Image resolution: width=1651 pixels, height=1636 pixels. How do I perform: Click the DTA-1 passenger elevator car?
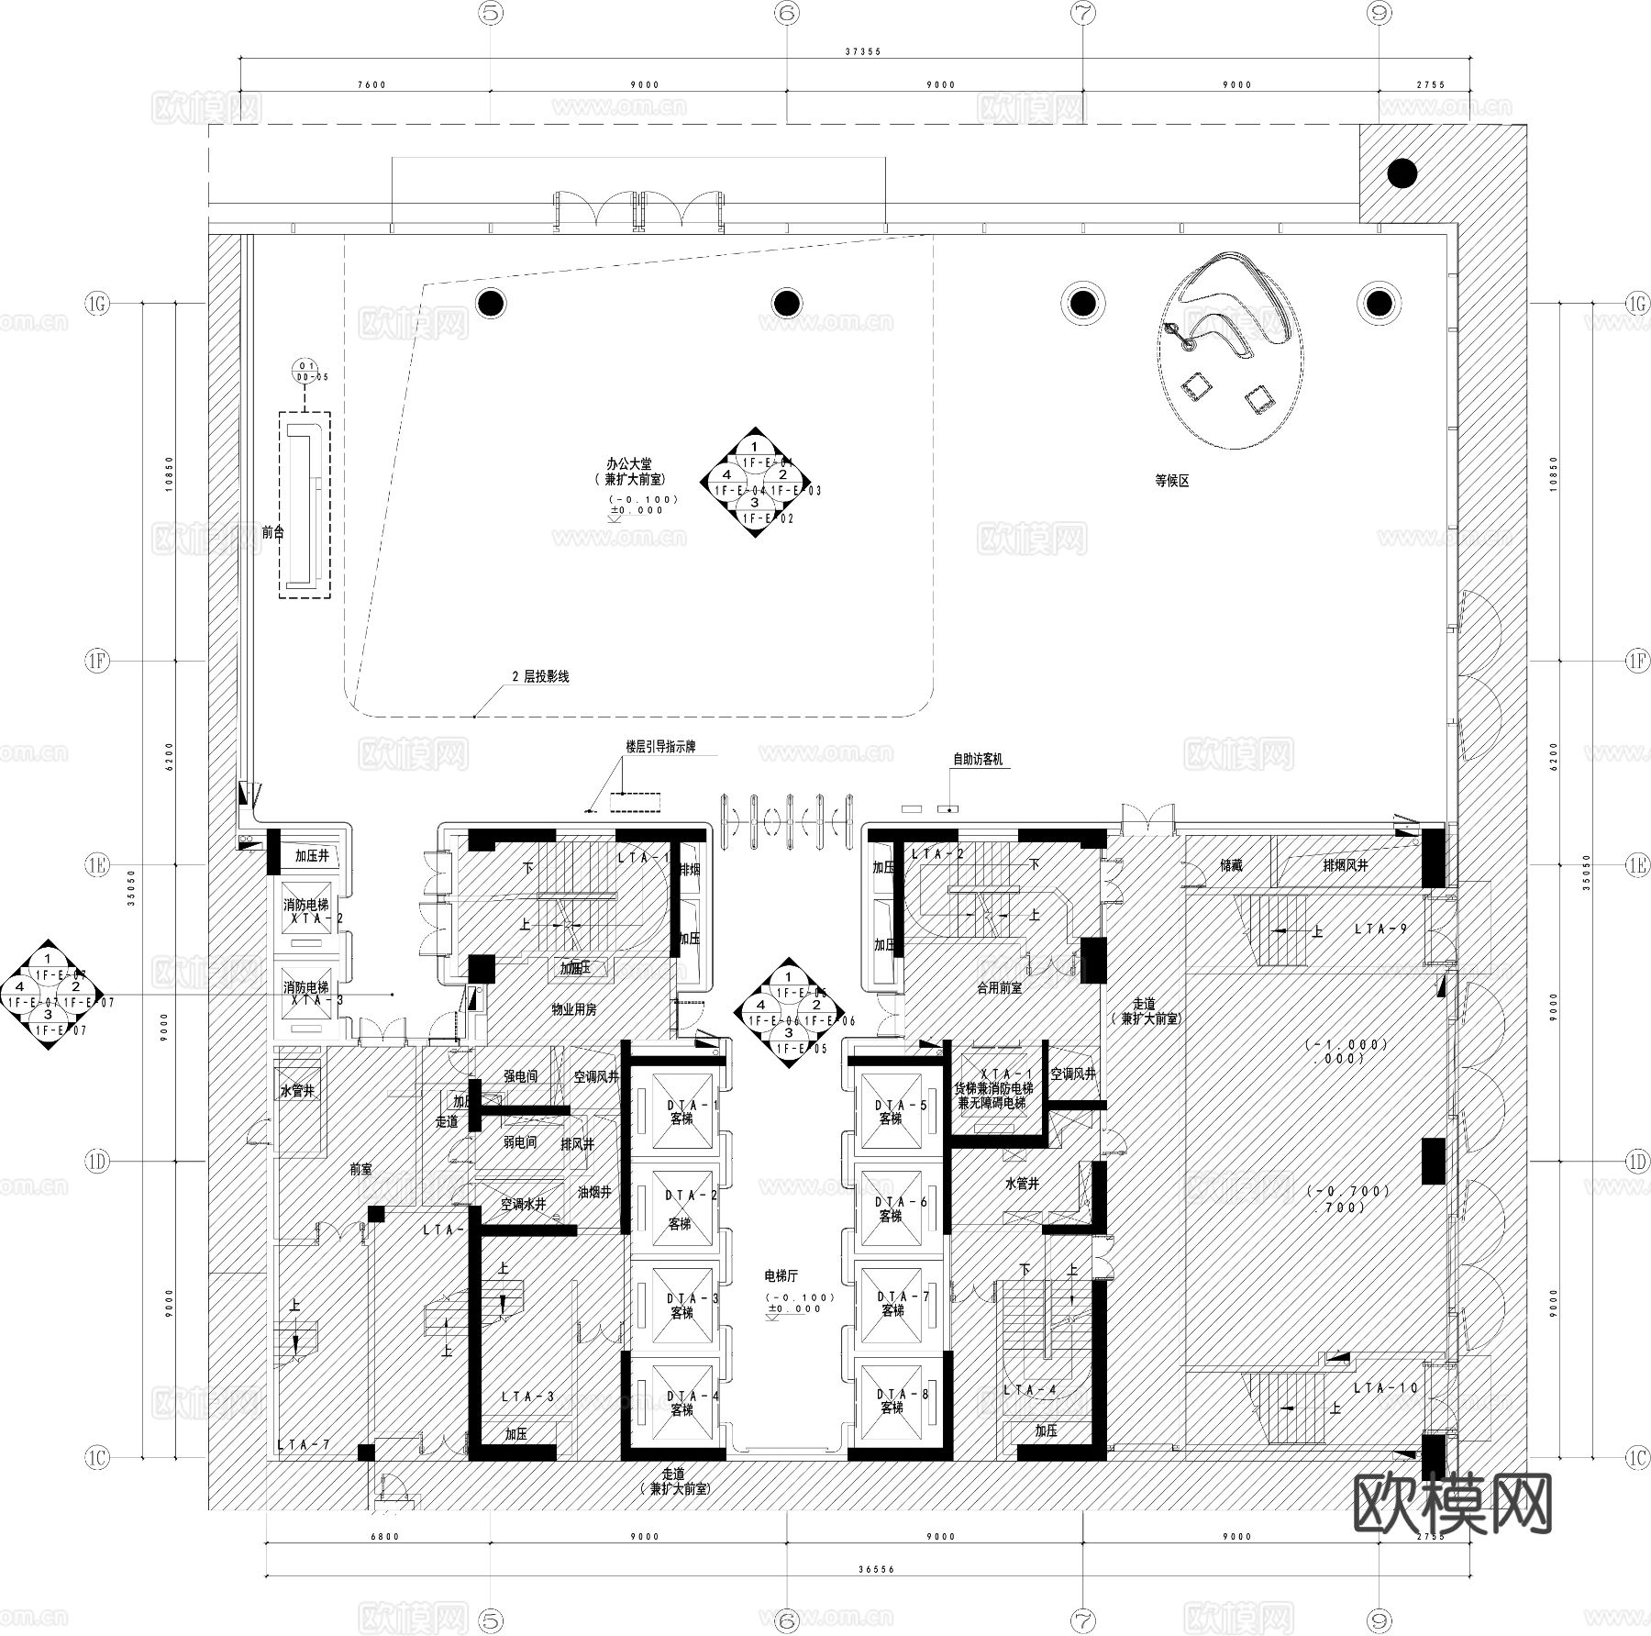point(681,1112)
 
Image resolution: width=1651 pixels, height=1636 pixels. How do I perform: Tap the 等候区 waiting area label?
point(1172,480)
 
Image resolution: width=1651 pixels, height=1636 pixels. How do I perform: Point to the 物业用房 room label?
point(573,1009)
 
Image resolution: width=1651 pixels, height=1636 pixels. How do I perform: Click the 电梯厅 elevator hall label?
point(781,1275)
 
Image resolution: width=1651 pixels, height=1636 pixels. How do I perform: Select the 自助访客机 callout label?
point(978,759)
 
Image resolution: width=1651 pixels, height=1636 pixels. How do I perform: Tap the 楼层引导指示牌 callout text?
point(660,747)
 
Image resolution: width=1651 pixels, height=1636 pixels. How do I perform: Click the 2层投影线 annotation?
point(540,676)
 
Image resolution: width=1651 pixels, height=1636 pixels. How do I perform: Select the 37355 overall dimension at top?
point(862,51)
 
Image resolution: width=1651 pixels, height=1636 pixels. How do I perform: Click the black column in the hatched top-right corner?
point(1402,173)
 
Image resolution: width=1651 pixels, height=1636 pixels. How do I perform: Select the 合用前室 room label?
point(999,988)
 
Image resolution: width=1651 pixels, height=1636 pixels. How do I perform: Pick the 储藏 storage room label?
point(1231,864)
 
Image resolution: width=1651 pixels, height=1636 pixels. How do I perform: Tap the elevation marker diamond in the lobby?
point(754,483)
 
